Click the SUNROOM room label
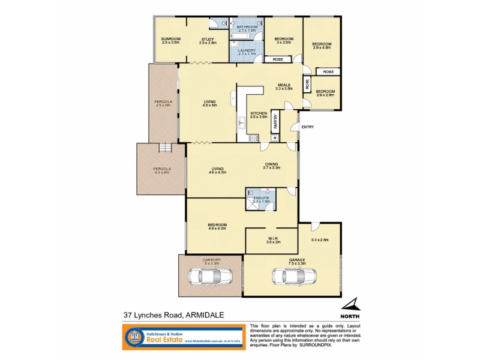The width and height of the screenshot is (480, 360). pyautogui.click(x=170, y=39)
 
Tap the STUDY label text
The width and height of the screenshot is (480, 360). pyautogui.click(x=208, y=39)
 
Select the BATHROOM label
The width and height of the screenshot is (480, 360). pyautogui.click(x=247, y=27)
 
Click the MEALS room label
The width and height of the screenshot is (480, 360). pyautogui.click(x=284, y=85)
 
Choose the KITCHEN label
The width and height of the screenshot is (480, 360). pyautogui.click(x=258, y=113)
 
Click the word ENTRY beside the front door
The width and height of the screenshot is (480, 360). pyautogui.click(x=307, y=127)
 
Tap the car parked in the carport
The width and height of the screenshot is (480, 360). pyautogui.click(x=209, y=277)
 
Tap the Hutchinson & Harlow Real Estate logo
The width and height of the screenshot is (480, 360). pyautogui.click(x=181, y=337)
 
